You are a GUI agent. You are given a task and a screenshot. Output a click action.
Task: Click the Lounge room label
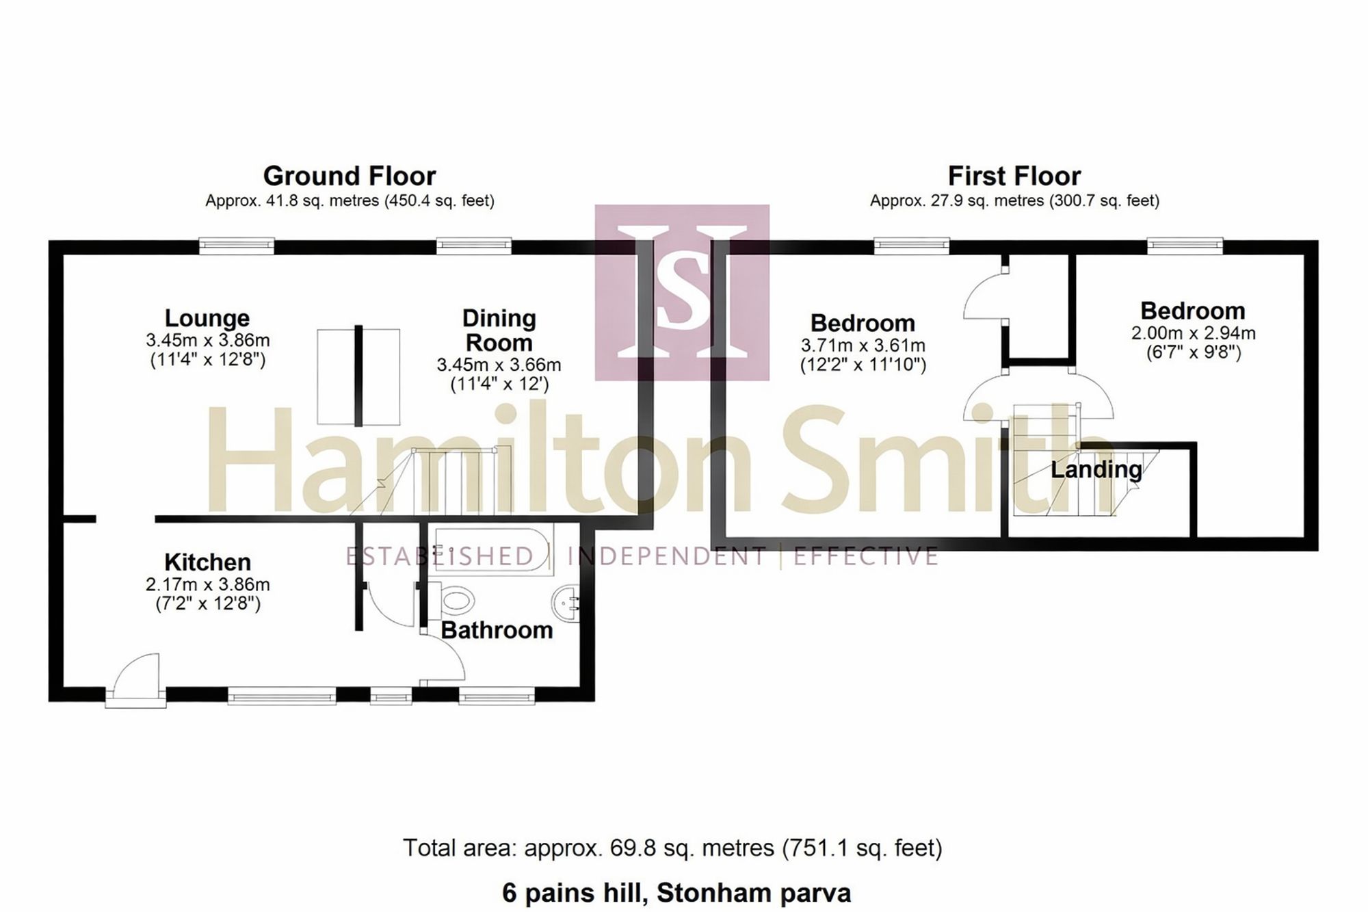[x=207, y=318]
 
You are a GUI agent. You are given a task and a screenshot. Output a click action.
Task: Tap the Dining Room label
[x=499, y=330]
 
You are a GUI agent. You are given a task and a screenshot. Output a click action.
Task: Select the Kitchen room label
[x=208, y=562]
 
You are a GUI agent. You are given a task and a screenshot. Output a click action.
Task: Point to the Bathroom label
[x=497, y=630]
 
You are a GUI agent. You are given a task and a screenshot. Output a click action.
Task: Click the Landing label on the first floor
[x=1096, y=469]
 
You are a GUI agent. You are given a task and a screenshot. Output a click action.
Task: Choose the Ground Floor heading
[x=350, y=176]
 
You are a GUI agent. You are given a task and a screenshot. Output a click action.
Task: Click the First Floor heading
[x=1014, y=176]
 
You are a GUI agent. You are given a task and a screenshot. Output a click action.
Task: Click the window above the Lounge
[x=237, y=246]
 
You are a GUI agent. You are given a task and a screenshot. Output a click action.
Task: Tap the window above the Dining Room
[x=474, y=246]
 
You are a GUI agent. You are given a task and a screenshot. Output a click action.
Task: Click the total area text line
[x=672, y=848]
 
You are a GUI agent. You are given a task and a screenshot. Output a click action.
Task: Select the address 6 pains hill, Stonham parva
[x=676, y=893]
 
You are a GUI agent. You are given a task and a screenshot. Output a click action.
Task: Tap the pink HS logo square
[x=682, y=292]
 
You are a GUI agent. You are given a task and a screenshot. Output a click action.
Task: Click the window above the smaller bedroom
[x=1185, y=246]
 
